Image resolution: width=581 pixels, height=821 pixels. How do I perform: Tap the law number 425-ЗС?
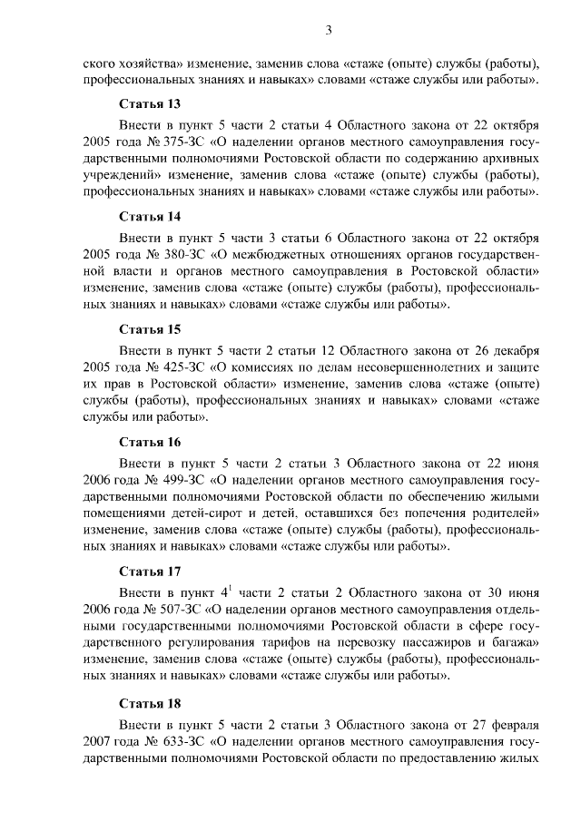pyautogui.click(x=180, y=369)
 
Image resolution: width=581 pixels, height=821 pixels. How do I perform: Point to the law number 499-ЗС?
pyautogui.click(x=180, y=482)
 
